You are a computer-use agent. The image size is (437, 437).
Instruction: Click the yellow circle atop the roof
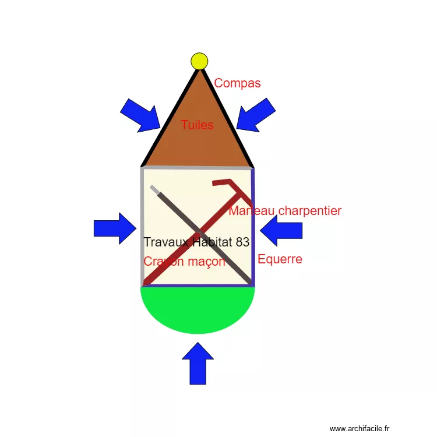pos(199,61)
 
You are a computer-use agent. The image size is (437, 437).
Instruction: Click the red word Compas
pos(237,83)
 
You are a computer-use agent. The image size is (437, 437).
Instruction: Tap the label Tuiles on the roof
pos(197,125)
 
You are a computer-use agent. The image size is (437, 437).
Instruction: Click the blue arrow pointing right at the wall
pos(115,228)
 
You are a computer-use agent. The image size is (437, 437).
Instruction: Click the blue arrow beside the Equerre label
pos(281,231)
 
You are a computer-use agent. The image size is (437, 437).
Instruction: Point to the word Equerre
pos(280,259)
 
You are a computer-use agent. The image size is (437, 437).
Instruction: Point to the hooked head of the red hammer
pos(224,182)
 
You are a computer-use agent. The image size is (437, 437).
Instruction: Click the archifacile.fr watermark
pos(362,428)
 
